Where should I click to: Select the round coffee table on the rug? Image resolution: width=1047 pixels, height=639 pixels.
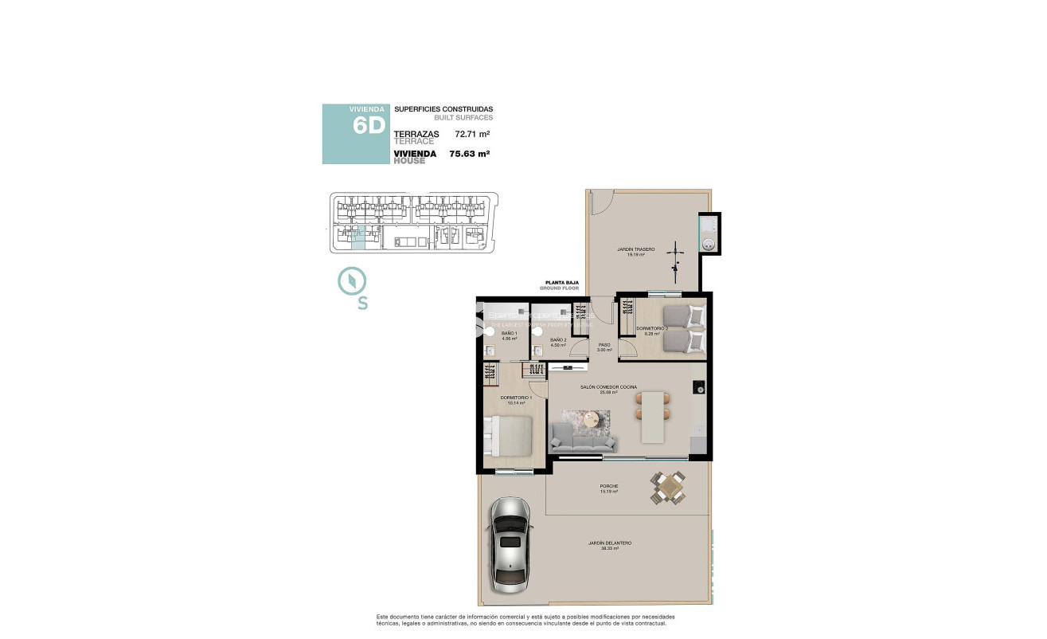pos(590,419)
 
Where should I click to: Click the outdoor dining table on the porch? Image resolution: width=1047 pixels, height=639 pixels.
pos(667,487)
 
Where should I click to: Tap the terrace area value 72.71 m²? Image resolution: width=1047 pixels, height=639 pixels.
pos(471,135)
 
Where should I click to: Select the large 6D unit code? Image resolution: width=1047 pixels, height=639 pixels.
pos(369,126)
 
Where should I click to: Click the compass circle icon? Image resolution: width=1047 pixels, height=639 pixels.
pos(351,280)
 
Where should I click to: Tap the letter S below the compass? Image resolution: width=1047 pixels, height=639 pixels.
pos(362,304)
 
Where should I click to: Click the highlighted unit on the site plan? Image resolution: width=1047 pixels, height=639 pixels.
pos(358,237)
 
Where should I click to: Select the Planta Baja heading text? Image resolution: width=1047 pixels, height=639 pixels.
pos(561,283)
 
